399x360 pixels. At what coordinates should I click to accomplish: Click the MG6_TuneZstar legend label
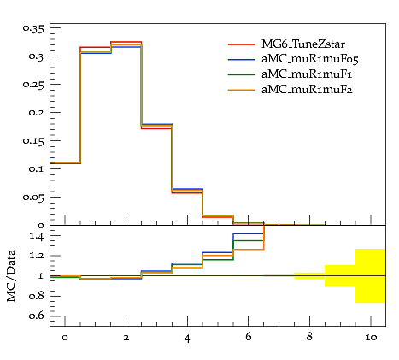click(x=303, y=44)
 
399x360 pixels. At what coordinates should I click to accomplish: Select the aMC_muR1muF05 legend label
click(x=310, y=59)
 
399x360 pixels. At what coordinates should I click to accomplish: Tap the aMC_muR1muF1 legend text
click(x=307, y=74)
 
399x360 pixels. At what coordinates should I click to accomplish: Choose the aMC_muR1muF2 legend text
click(x=307, y=90)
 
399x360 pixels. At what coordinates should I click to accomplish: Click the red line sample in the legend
click(x=241, y=44)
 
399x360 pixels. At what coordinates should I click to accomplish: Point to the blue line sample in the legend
click(x=241, y=59)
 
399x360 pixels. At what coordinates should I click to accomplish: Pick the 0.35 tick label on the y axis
click(x=33, y=28)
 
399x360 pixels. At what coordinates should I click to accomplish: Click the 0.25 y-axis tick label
click(x=33, y=85)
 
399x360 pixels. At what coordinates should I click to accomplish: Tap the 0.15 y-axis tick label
click(x=33, y=141)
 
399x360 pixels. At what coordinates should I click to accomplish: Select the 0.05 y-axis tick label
click(x=33, y=198)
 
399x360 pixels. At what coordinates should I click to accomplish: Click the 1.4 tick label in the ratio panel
click(x=37, y=236)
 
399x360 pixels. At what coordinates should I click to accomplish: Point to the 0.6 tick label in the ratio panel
click(x=37, y=316)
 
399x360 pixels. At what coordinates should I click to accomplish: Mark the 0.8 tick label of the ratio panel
click(x=37, y=296)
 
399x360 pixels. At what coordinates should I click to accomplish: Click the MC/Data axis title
click(x=11, y=276)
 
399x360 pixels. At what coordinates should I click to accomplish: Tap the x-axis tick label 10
click(x=371, y=338)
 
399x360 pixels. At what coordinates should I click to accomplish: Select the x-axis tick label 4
click(x=187, y=339)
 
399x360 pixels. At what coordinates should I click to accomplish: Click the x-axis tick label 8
click(x=309, y=337)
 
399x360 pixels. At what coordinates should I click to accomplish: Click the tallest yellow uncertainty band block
click(x=371, y=275)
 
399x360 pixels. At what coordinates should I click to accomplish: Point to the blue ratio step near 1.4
click(x=249, y=233)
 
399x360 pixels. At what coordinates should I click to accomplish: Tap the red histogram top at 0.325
click(x=126, y=42)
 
